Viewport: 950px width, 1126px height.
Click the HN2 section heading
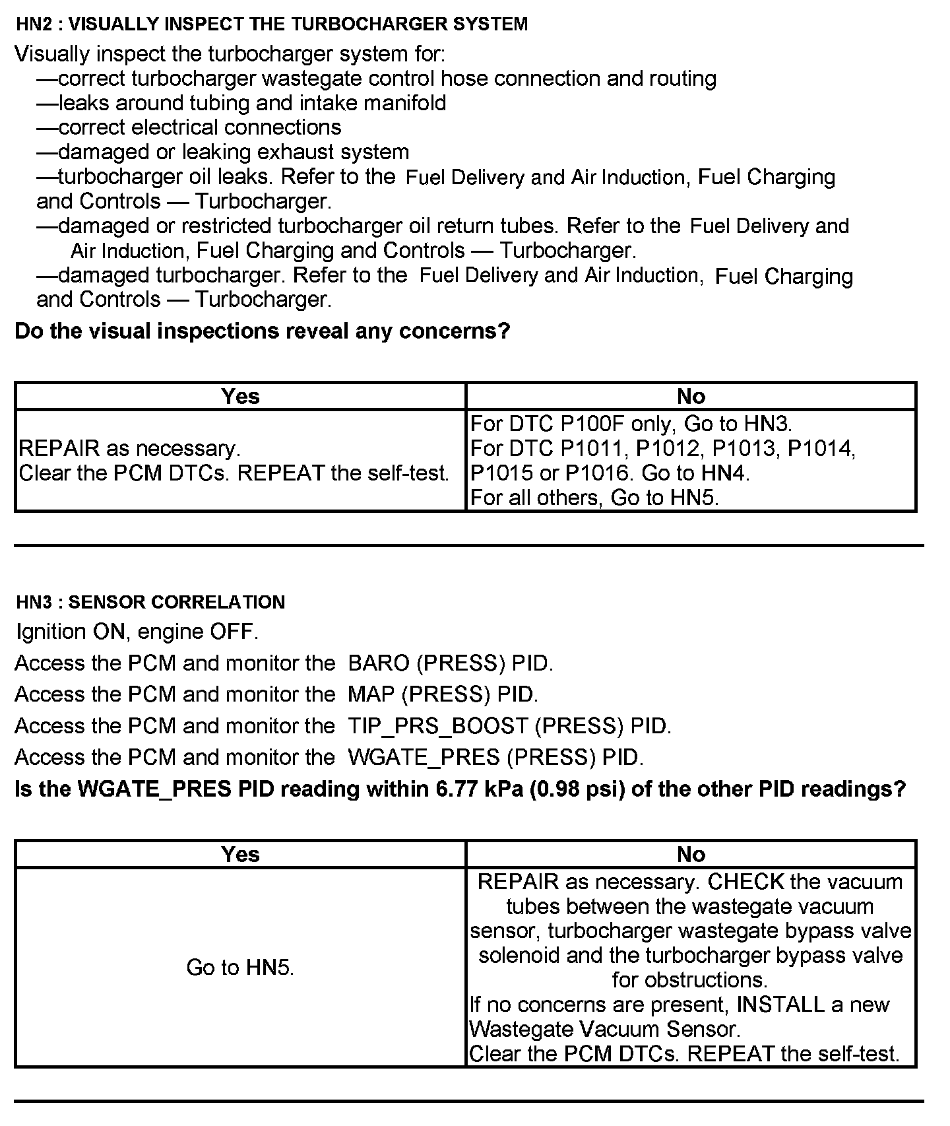(x=271, y=24)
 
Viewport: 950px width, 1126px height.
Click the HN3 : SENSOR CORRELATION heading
(x=150, y=602)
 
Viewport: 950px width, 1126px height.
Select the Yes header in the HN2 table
(x=240, y=396)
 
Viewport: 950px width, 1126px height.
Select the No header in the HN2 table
(x=691, y=396)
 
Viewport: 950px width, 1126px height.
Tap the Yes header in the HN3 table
(x=240, y=854)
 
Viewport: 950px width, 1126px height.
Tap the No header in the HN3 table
(x=691, y=854)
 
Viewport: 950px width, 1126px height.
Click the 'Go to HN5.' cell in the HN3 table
(x=240, y=967)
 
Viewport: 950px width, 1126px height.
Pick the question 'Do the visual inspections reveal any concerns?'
(x=263, y=331)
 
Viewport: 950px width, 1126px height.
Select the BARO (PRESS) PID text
(x=450, y=663)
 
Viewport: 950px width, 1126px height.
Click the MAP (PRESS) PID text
(x=443, y=694)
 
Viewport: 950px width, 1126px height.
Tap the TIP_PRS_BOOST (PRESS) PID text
(x=509, y=726)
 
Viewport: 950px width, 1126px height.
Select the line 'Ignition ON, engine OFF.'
(x=137, y=632)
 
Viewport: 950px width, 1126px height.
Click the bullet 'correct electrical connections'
(x=199, y=127)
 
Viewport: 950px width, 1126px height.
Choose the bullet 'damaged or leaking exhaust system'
(x=233, y=152)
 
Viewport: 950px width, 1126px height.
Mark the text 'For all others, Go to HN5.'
(x=594, y=497)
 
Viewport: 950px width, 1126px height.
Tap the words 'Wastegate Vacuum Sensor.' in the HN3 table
(x=604, y=1029)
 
